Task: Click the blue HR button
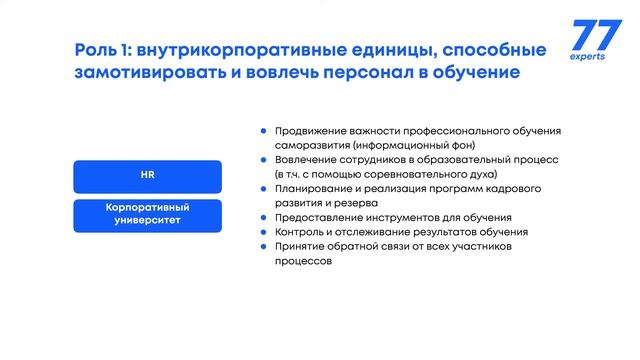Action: [x=146, y=176]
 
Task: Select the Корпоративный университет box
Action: [x=146, y=214]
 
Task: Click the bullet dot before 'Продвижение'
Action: [x=263, y=131]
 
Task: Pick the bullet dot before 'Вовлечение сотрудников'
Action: [x=263, y=160]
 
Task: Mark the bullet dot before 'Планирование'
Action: [x=263, y=189]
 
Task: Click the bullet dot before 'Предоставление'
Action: [x=263, y=218]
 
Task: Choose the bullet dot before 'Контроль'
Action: [x=263, y=232]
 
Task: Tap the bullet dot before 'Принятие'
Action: [x=263, y=247]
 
